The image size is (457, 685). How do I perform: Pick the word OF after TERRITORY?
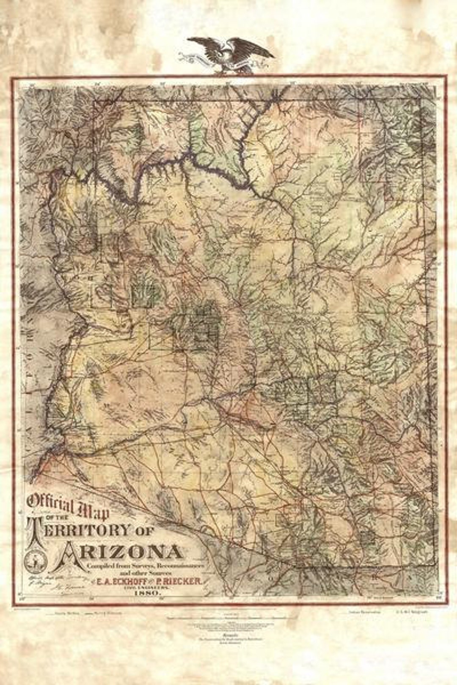(145, 530)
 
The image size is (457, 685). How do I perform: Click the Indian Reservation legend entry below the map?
(365, 611)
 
